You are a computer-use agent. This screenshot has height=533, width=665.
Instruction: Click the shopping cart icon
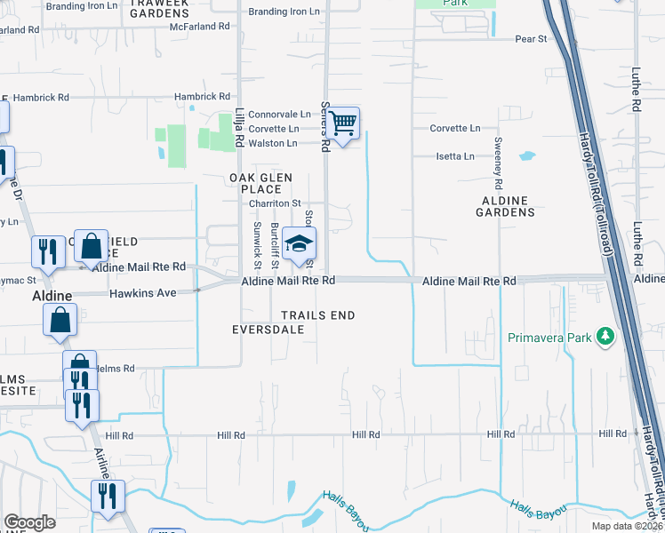click(343, 123)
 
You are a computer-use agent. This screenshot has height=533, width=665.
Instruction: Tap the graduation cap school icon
click(300, 243)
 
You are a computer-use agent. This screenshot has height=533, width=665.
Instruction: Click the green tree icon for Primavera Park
click(605, 337)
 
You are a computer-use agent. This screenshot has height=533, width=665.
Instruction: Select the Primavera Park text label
click(549, 338)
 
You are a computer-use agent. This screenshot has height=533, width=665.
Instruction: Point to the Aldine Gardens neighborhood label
click(505, 207)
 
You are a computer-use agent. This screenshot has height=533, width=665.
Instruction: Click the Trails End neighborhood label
click(318, 315)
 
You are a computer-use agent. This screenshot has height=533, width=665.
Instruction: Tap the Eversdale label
click(268, 330)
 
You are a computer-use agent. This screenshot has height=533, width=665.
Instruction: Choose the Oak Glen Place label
click(256, 184)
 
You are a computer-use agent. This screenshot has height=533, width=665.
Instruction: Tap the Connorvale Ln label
click(279, 115)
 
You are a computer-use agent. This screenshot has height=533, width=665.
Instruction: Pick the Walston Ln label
click(273, 143)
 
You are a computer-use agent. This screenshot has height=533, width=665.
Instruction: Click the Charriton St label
click(276, 203)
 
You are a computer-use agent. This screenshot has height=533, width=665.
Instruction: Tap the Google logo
click(29, 522)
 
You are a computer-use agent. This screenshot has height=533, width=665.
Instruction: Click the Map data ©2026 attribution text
click(622, 525)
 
